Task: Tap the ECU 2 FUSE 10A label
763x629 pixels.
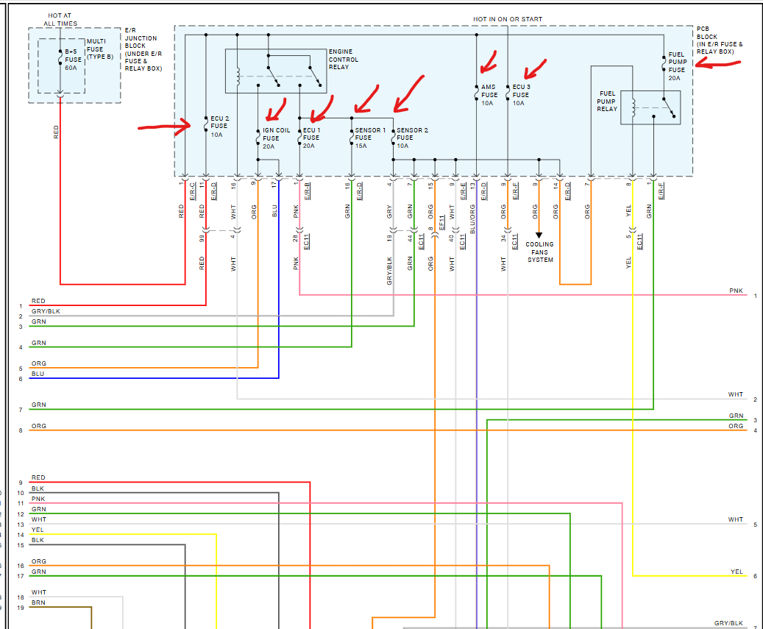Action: point(219,126)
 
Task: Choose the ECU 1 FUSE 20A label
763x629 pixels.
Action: point(311,138)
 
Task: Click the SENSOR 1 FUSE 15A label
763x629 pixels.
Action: point(369,138)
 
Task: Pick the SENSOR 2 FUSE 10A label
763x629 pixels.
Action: point(411,138)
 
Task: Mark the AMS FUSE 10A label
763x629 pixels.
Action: point(489,95)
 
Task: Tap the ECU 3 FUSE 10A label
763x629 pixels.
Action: point(520,95)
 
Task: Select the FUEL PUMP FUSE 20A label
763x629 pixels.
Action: point(676,63)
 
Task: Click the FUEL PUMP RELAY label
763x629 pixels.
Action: point(607,101)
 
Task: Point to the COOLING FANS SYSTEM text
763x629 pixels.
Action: point(539,252)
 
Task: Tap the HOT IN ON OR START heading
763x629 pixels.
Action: point(507,18)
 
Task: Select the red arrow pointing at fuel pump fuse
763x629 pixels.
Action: point(717,65)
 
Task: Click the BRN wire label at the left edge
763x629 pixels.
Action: point(38,602)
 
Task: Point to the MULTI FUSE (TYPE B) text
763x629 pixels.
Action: point(100,49)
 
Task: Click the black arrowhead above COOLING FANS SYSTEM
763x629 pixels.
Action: point(539,235)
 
